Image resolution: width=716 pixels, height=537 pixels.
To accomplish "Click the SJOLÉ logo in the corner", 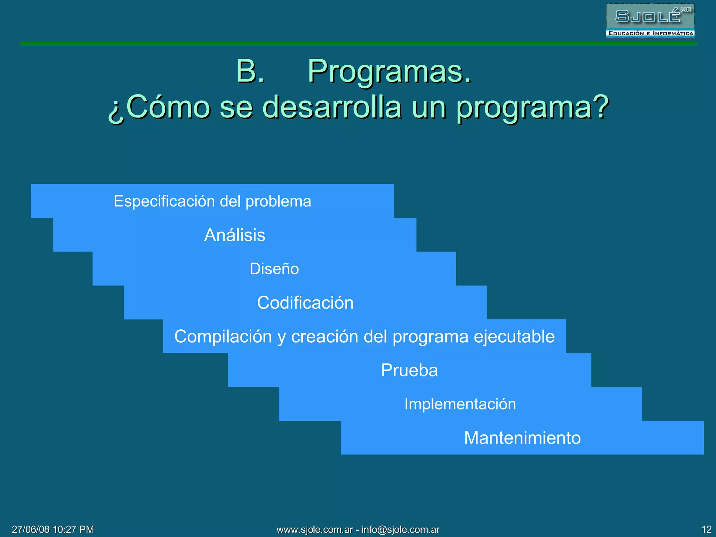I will tap(650, 16).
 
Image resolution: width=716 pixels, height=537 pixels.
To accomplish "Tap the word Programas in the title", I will tap(389, 71).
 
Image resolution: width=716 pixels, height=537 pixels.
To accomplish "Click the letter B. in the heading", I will tap(250, 71).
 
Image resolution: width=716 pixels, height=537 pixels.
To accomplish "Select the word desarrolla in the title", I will tap(332, 107).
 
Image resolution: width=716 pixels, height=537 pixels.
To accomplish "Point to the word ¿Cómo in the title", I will tap(159, 108).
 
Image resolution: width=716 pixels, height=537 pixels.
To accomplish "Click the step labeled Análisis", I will tap(235, 235).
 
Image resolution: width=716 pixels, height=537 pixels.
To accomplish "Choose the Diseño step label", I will tap(274, 269).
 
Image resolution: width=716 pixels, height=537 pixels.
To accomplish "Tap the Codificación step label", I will tap(305, 303).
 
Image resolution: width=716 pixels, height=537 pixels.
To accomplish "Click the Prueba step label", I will tap(409, 370).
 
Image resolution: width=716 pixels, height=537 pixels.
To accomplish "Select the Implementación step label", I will tap(460, 404).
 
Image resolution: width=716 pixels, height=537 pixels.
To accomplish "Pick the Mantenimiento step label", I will tap(522, 438).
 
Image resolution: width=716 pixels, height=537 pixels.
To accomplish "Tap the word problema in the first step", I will tap(278, 201).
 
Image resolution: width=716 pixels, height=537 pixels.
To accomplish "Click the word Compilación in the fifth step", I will tap(223, 337).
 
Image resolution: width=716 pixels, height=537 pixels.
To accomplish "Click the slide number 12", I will tap(706, 529).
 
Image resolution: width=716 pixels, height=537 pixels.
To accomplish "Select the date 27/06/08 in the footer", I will tap(31, 529).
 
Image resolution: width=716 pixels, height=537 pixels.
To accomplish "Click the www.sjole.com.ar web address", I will tap(315, 530).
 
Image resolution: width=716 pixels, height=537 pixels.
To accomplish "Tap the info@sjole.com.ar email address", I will tap(400, 530).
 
